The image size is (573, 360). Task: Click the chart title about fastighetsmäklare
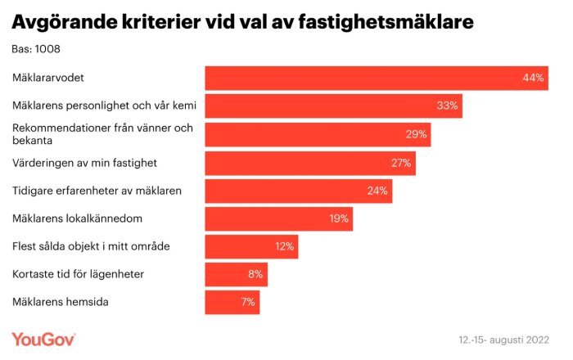point(241,22)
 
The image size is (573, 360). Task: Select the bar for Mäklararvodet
point(376,78)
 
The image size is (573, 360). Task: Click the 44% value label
point(533,79)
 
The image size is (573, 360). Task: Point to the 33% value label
point(448,106)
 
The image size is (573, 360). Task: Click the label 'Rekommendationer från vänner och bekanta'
point(102,134)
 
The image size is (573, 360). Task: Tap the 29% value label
point(416,134)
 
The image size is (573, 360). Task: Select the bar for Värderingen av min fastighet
point(310,163)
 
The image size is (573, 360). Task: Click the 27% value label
point(400,163)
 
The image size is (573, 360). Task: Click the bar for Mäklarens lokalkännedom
point(279,218)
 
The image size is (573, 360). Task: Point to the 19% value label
point(339,218)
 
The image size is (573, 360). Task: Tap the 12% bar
point(251,246)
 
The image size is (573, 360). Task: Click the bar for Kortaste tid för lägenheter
point(236,274)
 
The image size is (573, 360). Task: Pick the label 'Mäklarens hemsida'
point(61,302)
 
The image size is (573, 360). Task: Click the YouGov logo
point(43,338)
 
